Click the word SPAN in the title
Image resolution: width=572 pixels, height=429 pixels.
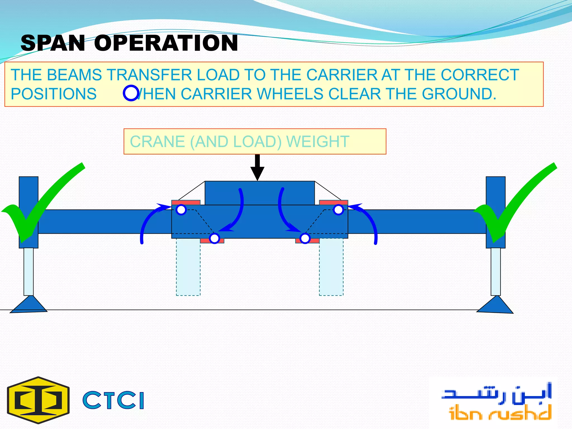click(53, 43)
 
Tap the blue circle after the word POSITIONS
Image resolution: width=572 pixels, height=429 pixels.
click(131, 93)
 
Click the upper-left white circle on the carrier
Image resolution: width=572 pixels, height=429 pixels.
click(181, 210)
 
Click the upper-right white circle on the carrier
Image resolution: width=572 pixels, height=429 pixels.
click(338, 210)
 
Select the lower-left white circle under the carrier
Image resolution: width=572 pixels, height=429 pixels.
click(214, 239)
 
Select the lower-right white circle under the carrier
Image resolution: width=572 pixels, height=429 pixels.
click(305, 239)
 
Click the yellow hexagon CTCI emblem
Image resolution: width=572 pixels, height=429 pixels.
click(38, 400)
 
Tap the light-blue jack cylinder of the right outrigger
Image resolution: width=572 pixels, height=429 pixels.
click(495, 271)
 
